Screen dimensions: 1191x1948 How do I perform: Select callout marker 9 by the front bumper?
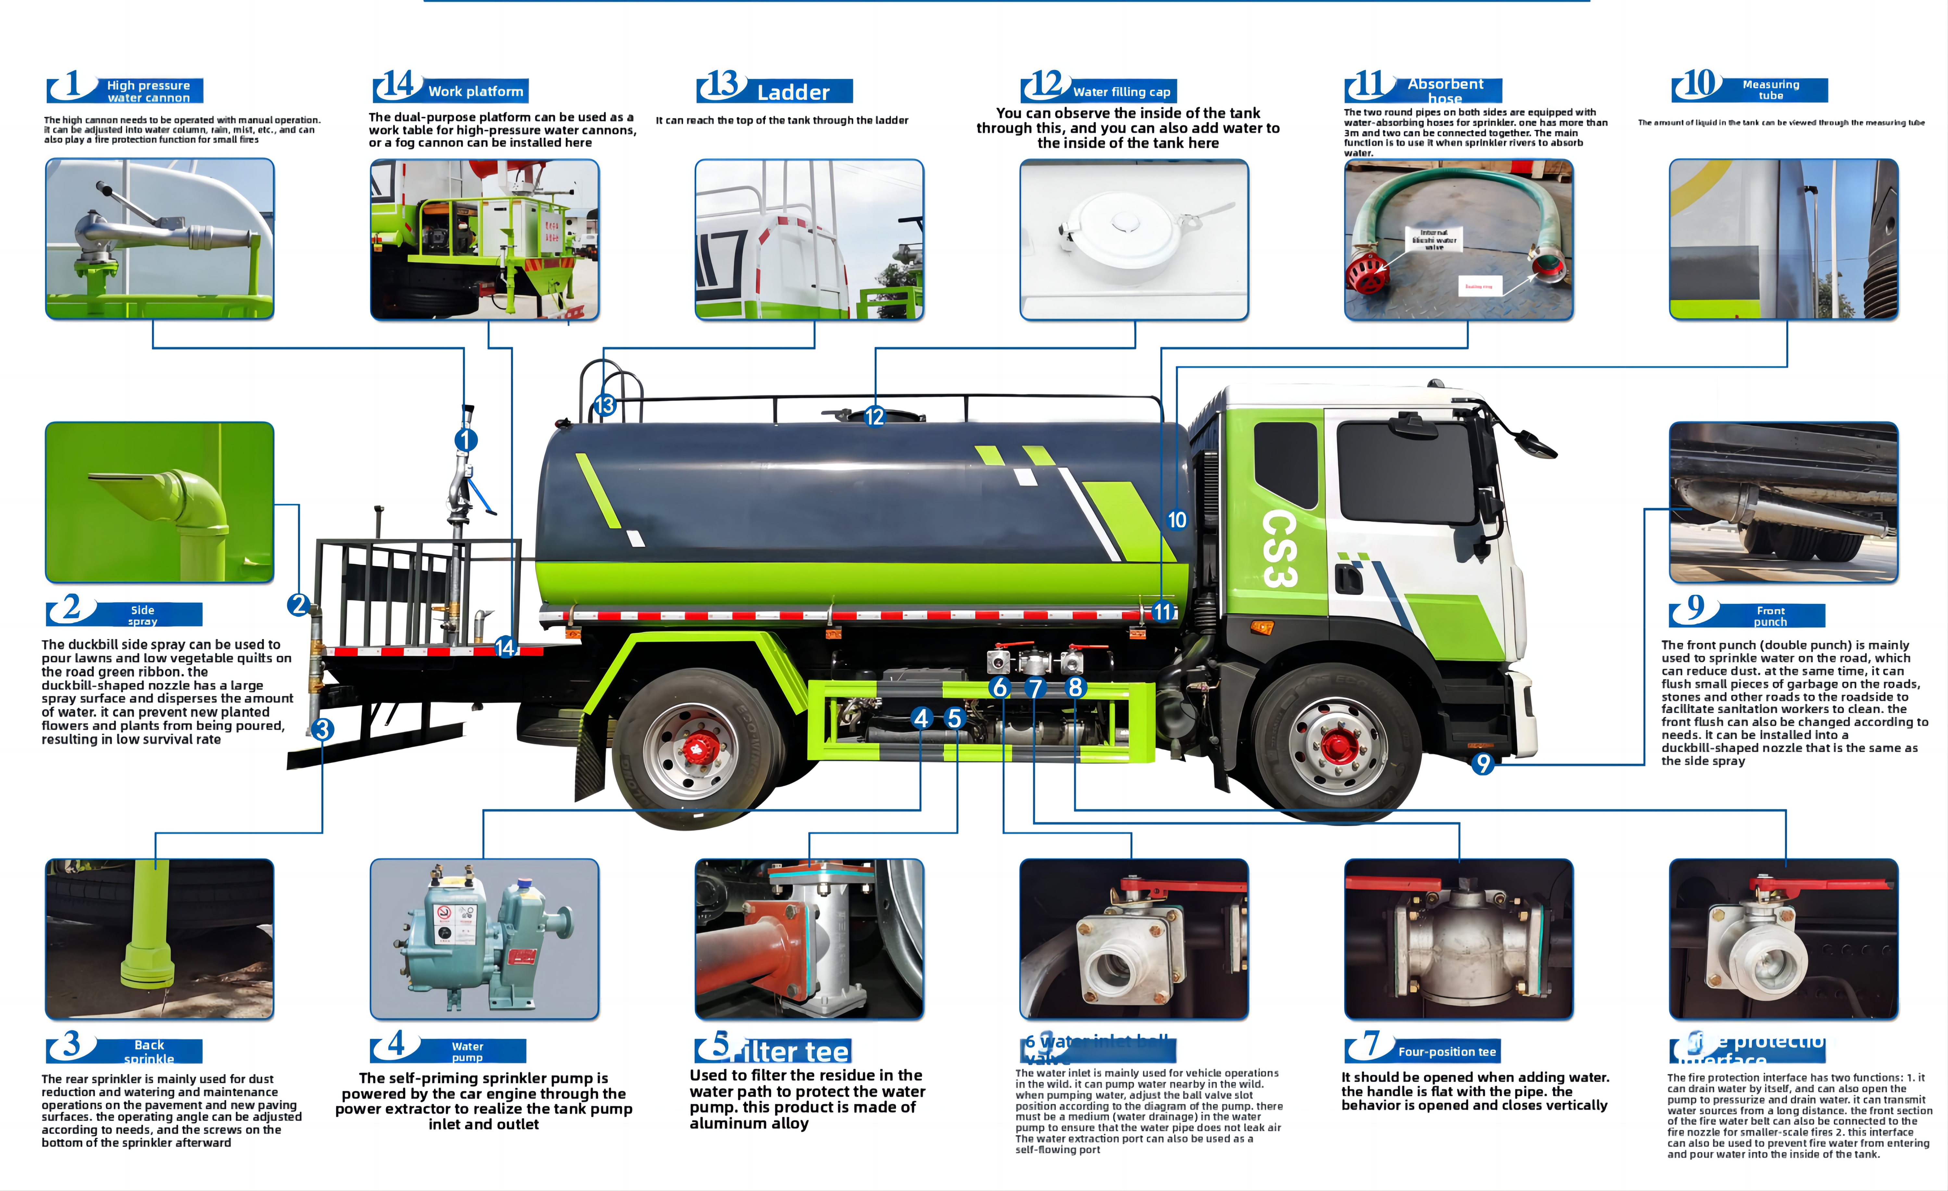[x=1482, y=764]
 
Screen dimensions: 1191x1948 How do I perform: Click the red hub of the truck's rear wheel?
[x=696, y=747]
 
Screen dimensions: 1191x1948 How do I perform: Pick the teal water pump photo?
[x=484, y=938]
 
